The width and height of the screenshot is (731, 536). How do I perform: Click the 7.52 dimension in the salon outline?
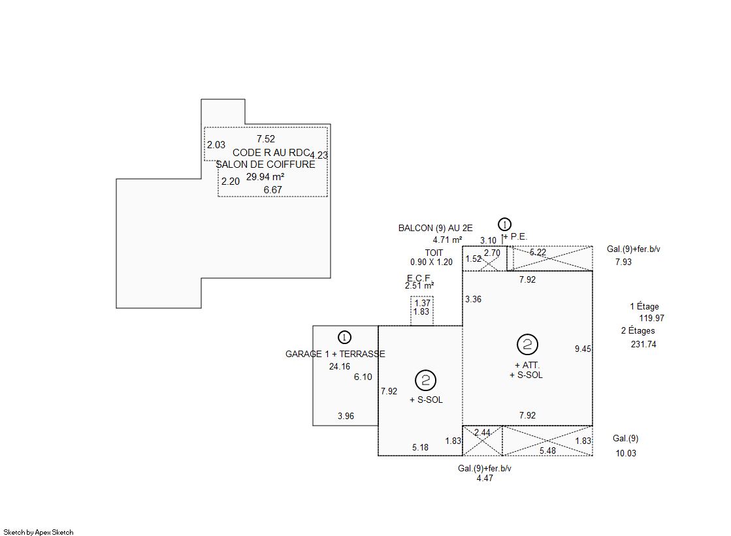(x=266, y=139)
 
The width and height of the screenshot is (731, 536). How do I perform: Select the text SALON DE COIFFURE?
(x=265, y=165)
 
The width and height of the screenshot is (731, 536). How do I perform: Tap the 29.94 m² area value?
(x=265, y=177)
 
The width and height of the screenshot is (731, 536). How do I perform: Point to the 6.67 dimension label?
(x=272, y=190)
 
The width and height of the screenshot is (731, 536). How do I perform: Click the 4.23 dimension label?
(x=319, y=155)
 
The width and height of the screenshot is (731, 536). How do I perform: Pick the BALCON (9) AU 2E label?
(x=436, y=228)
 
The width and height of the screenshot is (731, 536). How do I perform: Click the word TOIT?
(x=434, y=253)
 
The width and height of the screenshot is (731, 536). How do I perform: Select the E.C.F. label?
(x=419, y=278)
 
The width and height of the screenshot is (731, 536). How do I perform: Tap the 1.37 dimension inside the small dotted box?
(x=423, y=303)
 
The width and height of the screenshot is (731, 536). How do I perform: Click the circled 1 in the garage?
(x=344, y=337)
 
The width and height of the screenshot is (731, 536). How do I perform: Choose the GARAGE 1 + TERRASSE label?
(x=335, y=354)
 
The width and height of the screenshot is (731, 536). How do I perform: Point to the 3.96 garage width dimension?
(x=346, y=417)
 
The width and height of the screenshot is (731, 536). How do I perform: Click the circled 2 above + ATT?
(x=527, y=345)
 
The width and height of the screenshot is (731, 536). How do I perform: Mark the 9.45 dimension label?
(x=583, y=349)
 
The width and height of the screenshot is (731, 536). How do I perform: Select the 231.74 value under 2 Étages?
(x=643, y=345)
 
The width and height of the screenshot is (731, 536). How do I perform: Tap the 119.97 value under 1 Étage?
(x=652, y=319)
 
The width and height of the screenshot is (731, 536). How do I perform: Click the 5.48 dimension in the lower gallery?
(x=548, y=450)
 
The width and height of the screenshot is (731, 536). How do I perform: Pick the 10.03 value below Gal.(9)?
(x=626, y=453)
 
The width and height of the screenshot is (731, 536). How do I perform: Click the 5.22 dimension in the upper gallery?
(x=538, y=252)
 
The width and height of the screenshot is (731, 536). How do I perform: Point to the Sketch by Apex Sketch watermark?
(x=39, y=532)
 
